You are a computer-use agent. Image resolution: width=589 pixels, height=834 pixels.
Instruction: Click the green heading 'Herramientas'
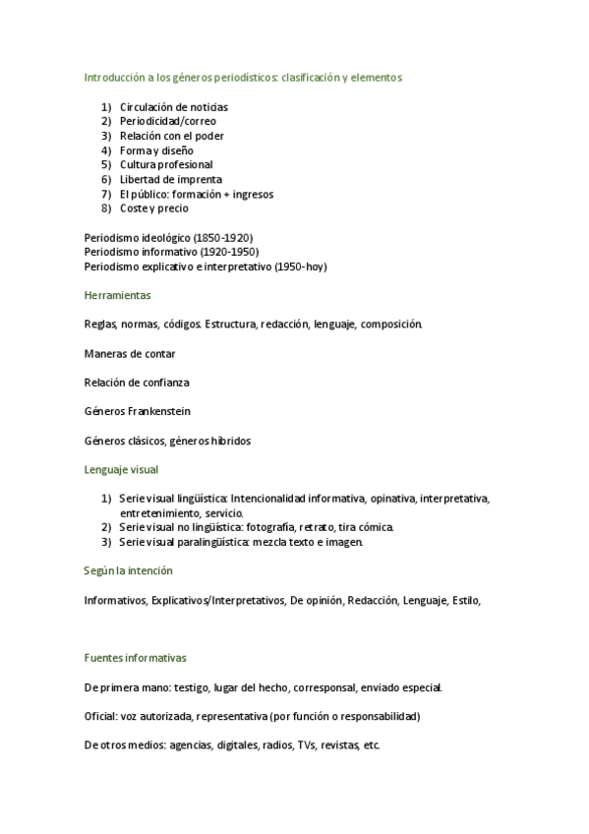(118, 294)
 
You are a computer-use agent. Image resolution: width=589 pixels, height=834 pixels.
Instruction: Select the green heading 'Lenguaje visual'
(121, 470)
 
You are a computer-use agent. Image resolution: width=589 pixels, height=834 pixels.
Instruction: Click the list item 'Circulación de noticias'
(174, 106)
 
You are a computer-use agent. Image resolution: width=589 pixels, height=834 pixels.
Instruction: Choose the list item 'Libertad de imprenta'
(171, 180)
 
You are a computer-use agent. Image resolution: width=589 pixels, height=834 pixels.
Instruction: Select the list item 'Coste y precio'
(154, 208)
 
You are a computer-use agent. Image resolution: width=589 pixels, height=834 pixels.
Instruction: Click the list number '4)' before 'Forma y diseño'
(106, 150)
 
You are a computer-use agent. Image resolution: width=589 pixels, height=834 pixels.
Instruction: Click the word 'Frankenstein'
(156, 411)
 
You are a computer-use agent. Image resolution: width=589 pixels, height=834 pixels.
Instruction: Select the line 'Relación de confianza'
(137, 382)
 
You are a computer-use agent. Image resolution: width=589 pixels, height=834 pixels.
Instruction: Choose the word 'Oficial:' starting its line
(100, 716)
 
